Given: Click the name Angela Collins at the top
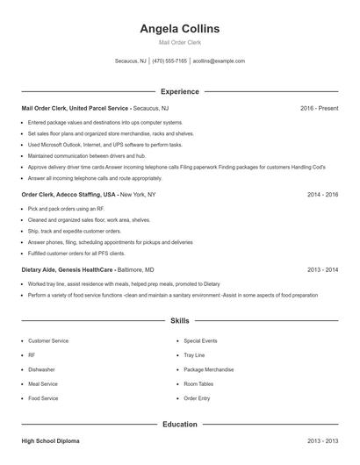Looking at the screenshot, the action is pos(180,29).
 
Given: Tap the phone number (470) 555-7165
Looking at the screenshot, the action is pos(169,61).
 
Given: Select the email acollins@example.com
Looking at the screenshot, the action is pos(219,61).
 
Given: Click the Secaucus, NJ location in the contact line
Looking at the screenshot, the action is pos(132,61).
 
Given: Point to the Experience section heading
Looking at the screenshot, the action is pos(180,91).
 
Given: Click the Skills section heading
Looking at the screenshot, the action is pos(180,322).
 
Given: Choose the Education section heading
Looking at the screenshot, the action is pos(180,425).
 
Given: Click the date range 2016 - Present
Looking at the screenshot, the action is pos(319,108).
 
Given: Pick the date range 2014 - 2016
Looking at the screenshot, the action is pos(322,194).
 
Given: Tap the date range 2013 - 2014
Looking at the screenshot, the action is pos(322,270).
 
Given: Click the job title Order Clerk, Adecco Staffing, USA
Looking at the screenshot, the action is pos(68,194).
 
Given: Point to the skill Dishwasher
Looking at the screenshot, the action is pos(41,369).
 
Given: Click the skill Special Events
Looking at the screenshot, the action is pos(200,340).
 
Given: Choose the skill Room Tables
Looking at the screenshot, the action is pos(198,384).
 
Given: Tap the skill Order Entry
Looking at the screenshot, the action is pos(197,398).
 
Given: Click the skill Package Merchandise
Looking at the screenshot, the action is pos(209,369).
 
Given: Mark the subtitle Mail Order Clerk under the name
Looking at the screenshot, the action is pos(180,42).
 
